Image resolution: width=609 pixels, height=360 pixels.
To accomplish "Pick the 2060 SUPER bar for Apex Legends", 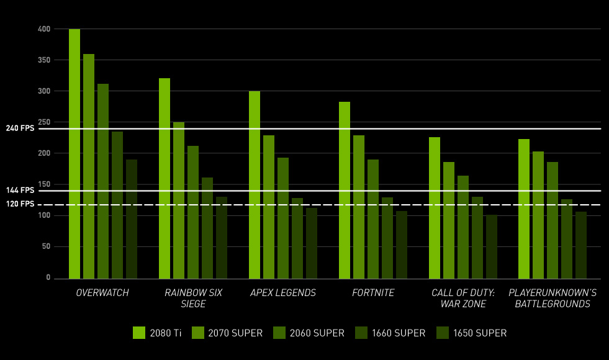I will coord(283,218).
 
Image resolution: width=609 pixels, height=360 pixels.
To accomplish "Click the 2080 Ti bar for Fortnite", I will coord(345,190).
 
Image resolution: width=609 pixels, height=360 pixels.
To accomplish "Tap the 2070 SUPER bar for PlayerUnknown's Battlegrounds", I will coord(538,215).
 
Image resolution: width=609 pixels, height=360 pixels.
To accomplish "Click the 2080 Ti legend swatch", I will coord(139,333).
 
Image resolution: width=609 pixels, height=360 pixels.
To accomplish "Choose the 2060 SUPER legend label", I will coord(317,333).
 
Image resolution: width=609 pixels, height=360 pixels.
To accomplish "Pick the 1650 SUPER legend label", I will coord(479,333).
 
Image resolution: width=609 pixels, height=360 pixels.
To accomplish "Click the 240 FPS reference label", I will coord(20,128).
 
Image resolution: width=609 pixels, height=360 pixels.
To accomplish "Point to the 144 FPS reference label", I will coord(20,191).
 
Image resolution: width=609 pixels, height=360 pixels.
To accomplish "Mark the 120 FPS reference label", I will coord(20,204).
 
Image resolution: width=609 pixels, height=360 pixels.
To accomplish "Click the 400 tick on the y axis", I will coord(43,29).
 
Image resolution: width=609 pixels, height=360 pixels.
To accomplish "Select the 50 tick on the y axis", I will coord(45,246).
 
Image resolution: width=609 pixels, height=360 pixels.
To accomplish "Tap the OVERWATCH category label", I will coord(102,293).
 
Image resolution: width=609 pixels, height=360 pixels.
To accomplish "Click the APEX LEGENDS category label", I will coord(283,293).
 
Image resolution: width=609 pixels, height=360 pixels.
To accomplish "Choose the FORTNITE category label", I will coord(373,293).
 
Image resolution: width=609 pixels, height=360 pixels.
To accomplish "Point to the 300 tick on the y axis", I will coord(43,91).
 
